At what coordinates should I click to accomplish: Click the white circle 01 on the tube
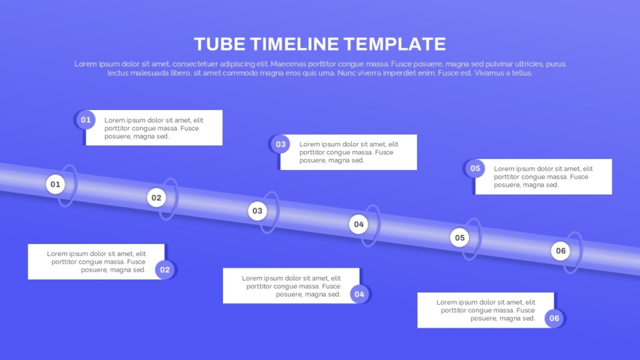(55, 184)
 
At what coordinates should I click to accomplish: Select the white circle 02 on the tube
(156, 198)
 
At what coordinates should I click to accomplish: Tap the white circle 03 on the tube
(257, 211)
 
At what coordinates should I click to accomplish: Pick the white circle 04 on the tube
(358, 224)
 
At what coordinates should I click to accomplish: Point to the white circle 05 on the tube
(459, 238)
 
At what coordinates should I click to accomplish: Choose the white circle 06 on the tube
(561, 251)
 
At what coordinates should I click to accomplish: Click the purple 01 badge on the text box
(86, 120)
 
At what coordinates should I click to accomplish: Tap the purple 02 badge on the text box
(164, 270)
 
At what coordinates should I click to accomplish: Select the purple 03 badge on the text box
(281, 144)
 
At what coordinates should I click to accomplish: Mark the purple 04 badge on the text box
(359, 294)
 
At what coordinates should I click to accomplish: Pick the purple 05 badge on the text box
(475, 169)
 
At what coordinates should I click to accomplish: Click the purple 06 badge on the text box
(554, 318)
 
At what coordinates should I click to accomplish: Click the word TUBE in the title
(220, 44)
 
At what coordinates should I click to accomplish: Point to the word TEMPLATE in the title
(395, 44)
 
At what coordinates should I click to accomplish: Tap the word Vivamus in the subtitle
(488, 73)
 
